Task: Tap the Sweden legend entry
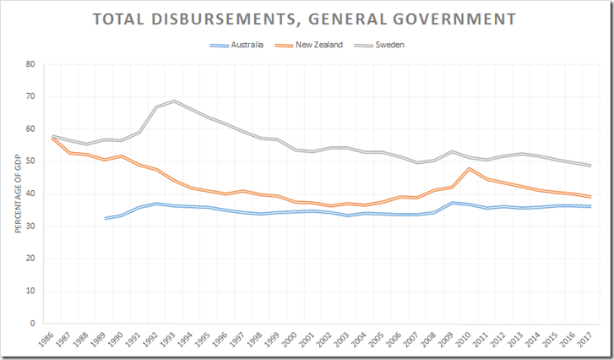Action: pyautogui.click(x=388, y=45)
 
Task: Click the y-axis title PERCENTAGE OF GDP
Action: pyautogui.click(x=19, y=194)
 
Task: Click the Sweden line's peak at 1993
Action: pyautogui.click(x=175, y=101)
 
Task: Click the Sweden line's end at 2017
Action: pyautogui.click(x=590, y=166)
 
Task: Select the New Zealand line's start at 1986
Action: pyautogui.click(x=53, y=137)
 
